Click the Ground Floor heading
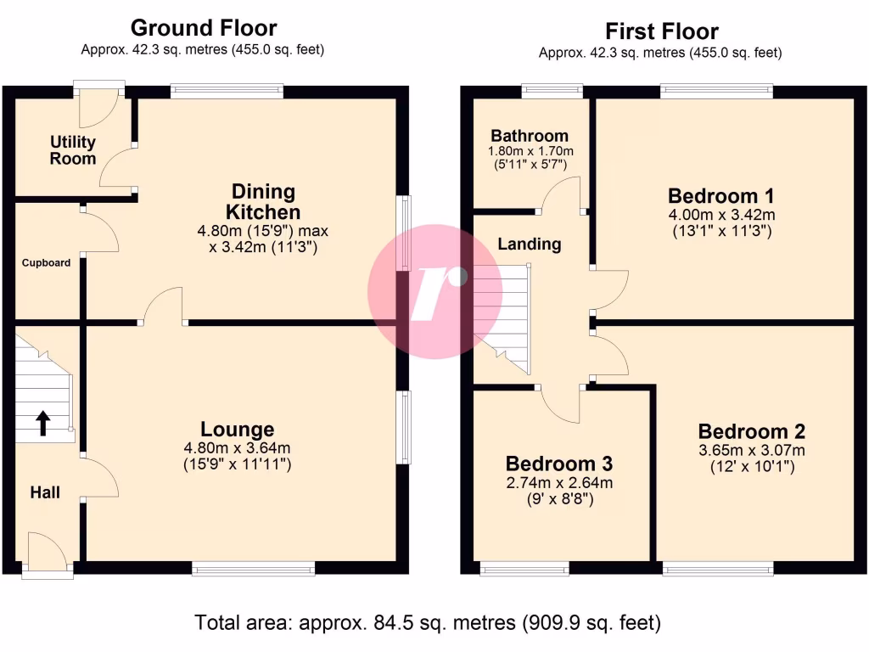coord(203,28)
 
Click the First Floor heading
coord(661,31)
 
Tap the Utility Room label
coord(73,150)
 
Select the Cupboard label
coord(46,262)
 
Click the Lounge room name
coord(237,430)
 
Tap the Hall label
coord(45,492)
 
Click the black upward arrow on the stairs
coord(42,423)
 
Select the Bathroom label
coord(529,136)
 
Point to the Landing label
coord(529,244)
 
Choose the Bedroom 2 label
coord(751,431)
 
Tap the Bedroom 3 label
coord(558,464)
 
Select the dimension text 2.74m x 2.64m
coord(559,483)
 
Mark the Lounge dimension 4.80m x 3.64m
coord(237,448)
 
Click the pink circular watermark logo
coord(434,291)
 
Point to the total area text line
coord(428,623)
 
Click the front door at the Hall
coord(48,556)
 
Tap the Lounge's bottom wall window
coord(254,568)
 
